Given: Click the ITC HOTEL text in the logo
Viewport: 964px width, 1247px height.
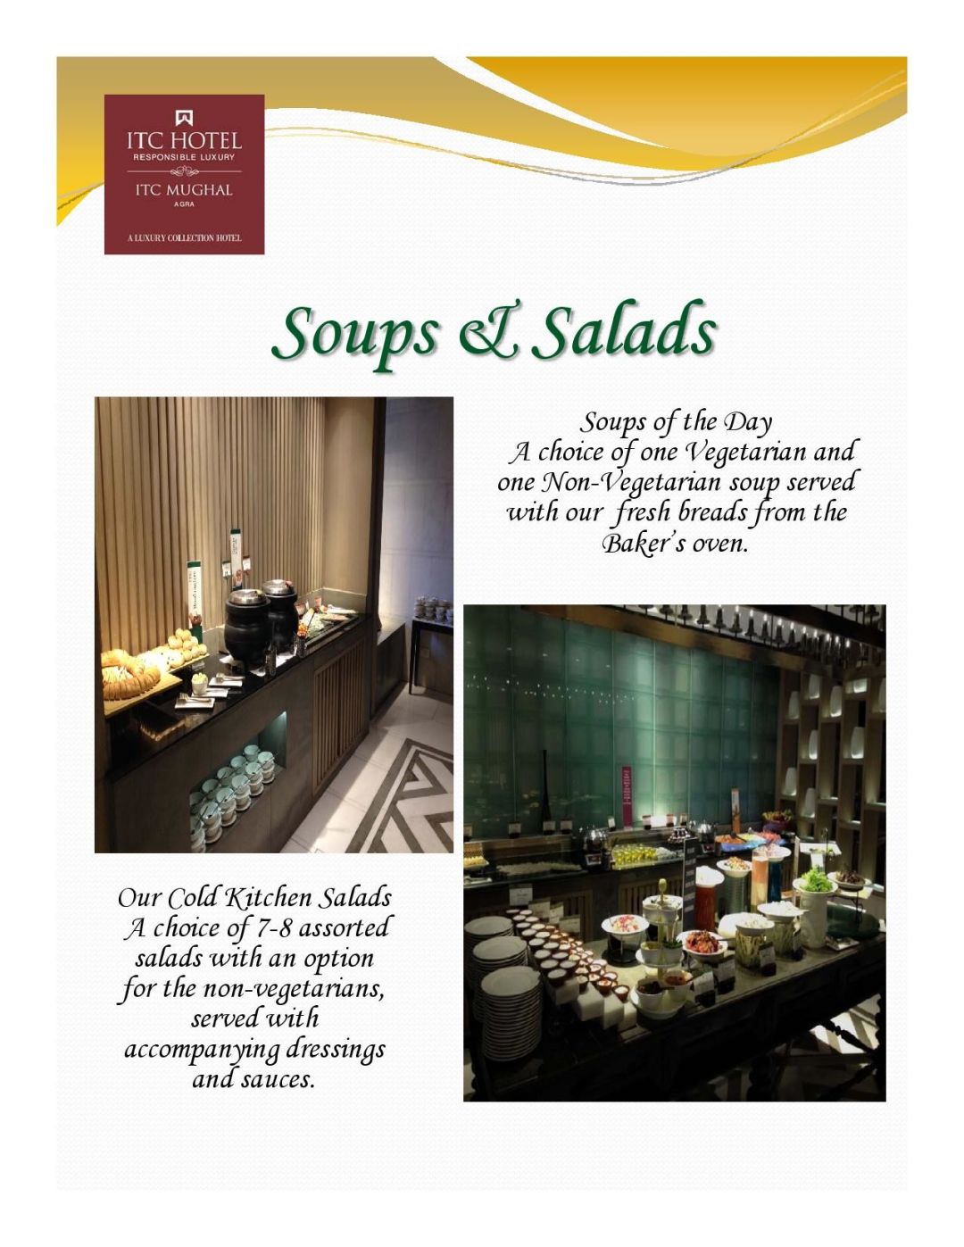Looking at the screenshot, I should [184, 141].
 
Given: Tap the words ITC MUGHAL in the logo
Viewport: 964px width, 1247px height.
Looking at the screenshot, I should [184, 190].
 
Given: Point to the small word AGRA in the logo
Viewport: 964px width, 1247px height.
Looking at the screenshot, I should [184, 204].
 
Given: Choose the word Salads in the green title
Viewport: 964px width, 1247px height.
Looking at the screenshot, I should [628, 330].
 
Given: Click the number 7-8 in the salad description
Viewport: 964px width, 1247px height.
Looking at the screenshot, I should [274, 928].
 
